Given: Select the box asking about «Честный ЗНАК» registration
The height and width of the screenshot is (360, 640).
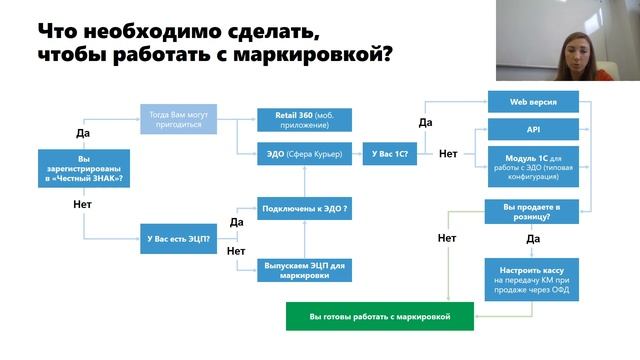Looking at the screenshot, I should (83, 168).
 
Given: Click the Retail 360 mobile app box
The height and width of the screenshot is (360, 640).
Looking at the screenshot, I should (304, 120).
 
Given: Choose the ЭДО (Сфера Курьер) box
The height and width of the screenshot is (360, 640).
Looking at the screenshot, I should (304, 154).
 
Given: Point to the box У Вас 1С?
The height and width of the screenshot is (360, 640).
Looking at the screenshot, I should (390, 154).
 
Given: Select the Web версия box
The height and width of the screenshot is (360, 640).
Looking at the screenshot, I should (532, 102).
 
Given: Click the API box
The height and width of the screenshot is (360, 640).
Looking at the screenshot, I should (532, 130).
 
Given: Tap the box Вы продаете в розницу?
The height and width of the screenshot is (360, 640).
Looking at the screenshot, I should (532, 209).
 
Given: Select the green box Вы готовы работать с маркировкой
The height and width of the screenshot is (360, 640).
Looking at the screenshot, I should (379, 316).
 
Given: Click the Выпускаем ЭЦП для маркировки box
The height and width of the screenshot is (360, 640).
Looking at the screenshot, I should (304, 269).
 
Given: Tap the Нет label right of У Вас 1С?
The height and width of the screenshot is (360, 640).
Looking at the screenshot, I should (447, 154).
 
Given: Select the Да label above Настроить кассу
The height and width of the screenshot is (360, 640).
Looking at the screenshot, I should (532, 240).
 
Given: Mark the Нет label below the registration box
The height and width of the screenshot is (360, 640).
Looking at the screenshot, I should (83, 204).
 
